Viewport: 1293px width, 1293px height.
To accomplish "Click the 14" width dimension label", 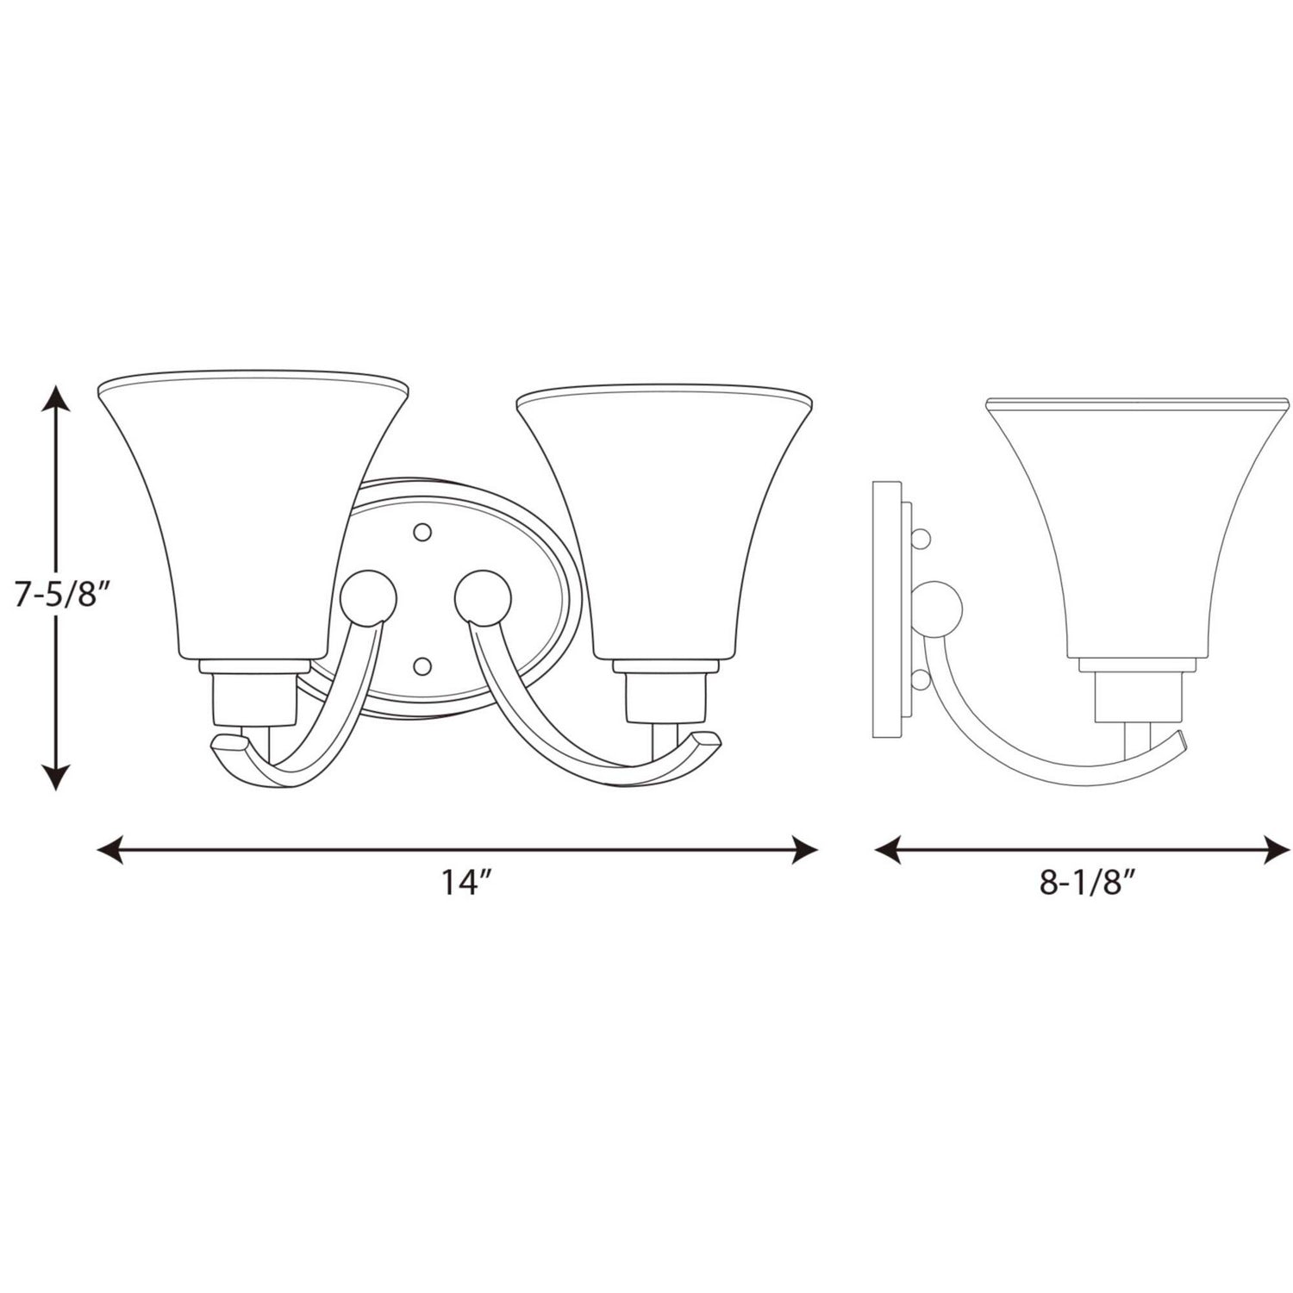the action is pyautogui.click(x=466, y=884).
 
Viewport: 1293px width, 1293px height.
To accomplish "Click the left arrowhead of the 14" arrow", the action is pyautogui.click(x=114, y=850).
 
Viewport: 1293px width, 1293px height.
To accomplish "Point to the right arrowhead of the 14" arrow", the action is pyautogui.click(x=801, y=850).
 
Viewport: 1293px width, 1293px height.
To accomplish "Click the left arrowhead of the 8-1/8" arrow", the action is pyautogui.click(x=891, y=850).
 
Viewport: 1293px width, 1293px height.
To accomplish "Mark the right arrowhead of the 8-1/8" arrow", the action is pyautogui.click(x=1273, y=850).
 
